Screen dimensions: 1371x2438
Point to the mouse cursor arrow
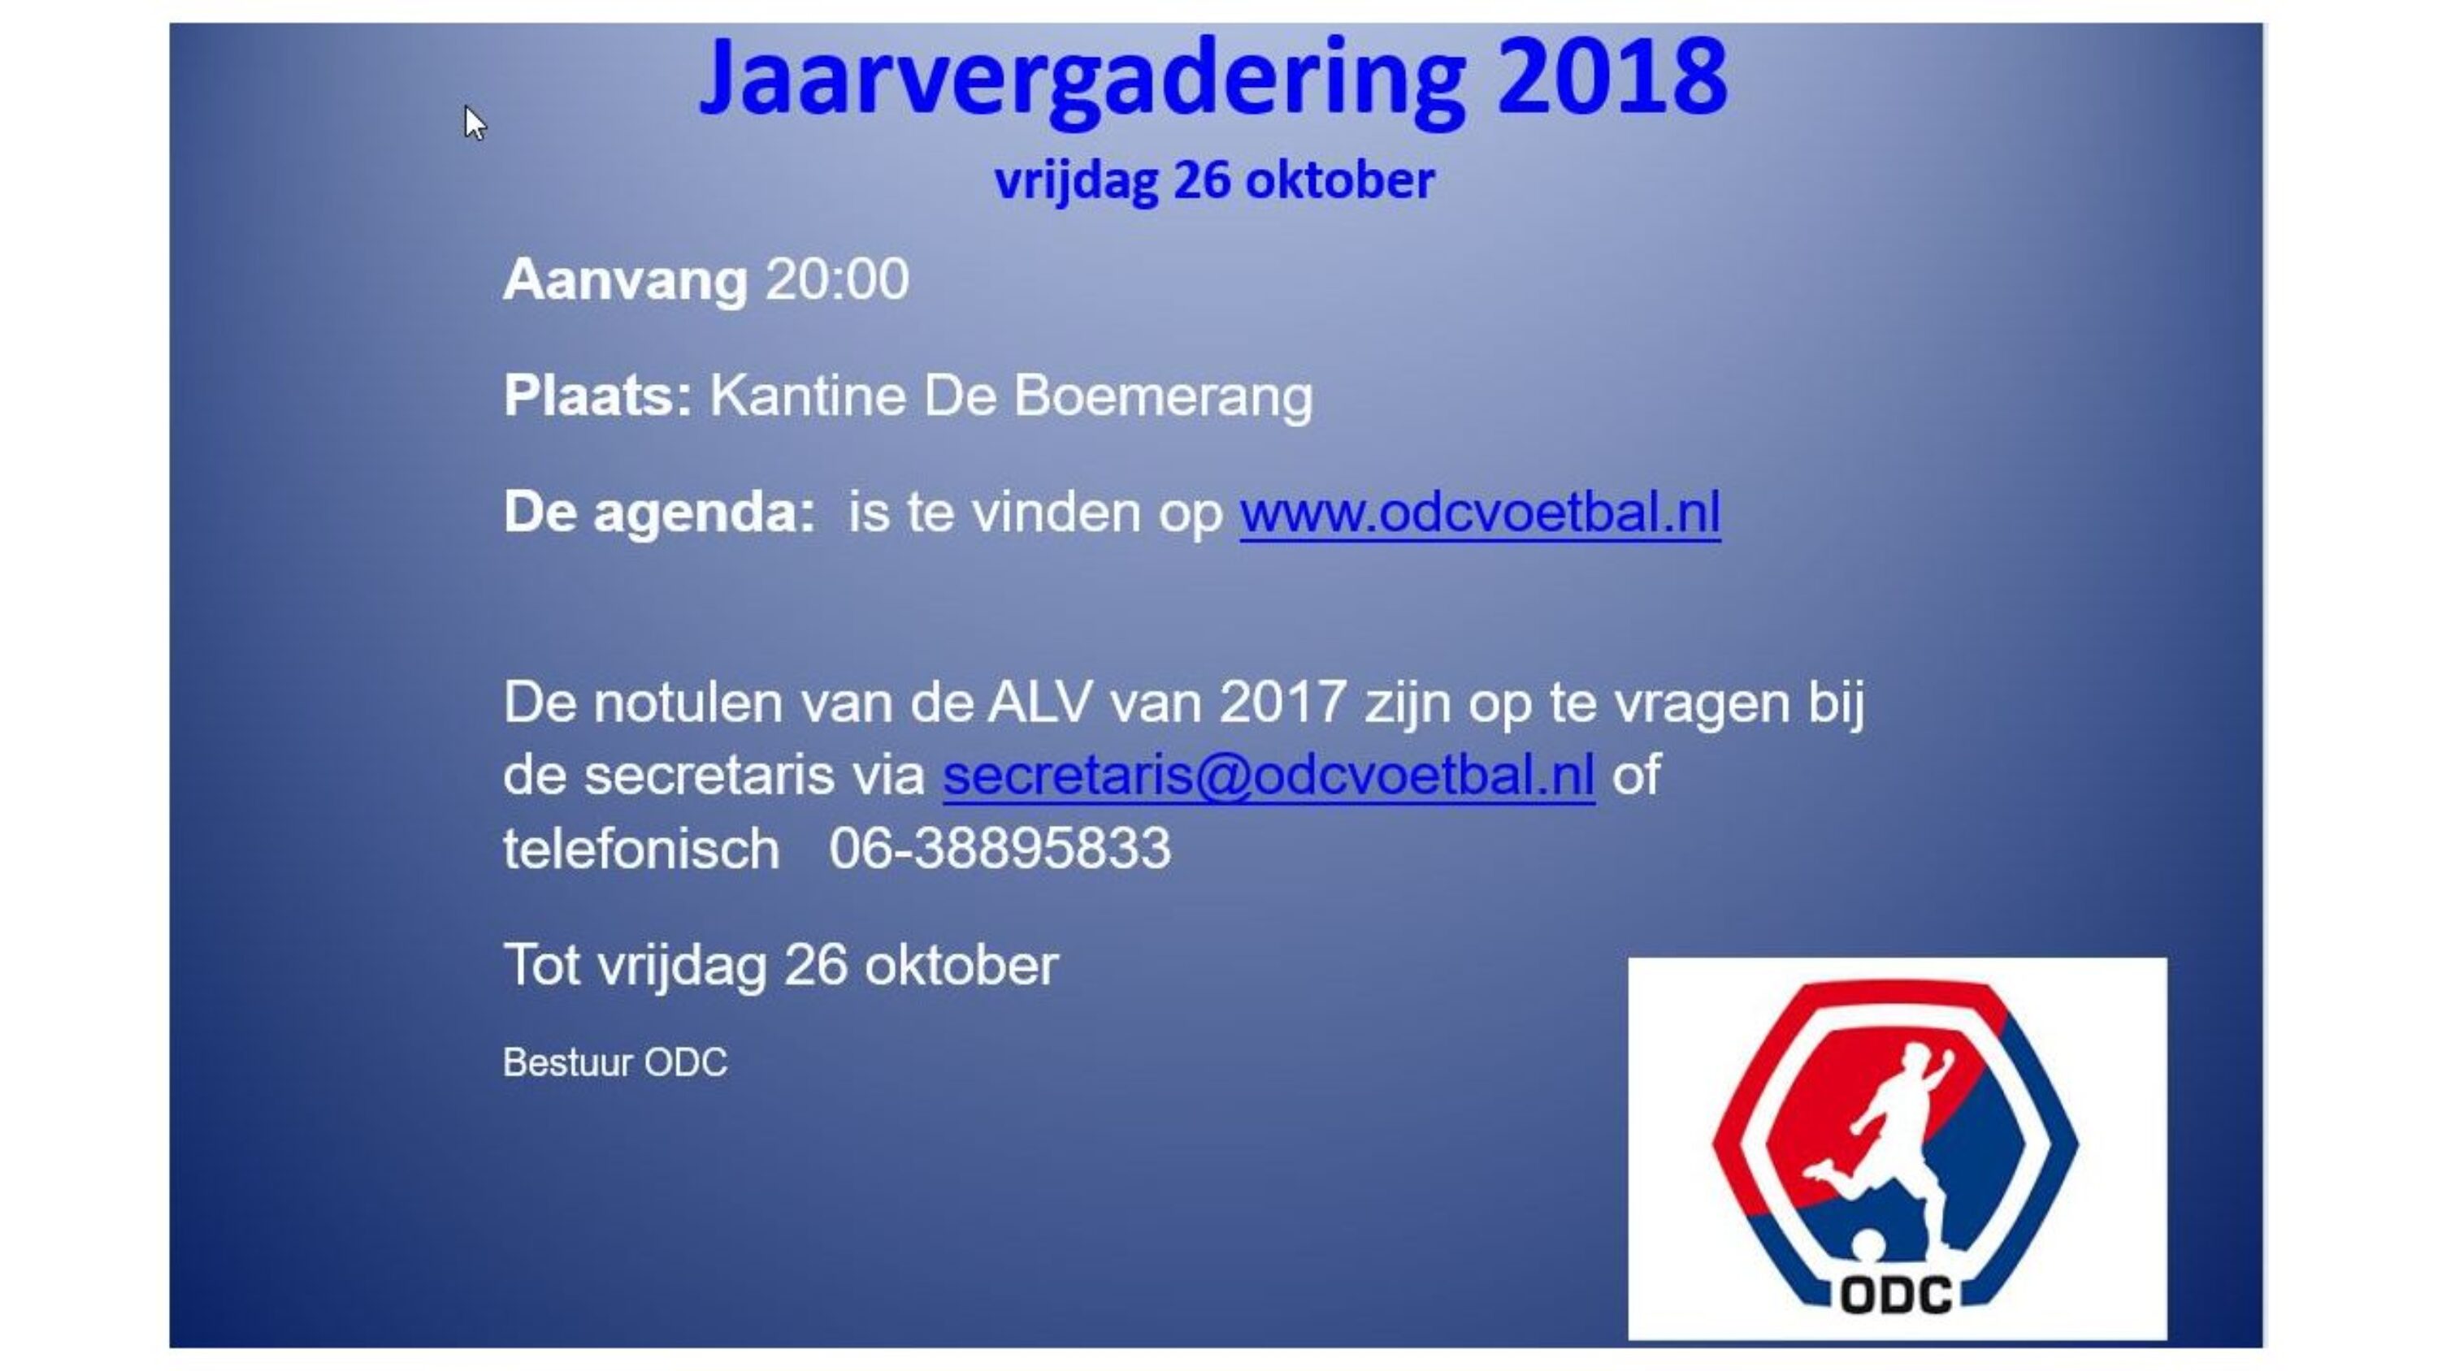(474, 123)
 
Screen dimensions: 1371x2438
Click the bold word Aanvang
(625, 280)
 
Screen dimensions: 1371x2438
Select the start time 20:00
(837, 280)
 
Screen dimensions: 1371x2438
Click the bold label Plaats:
(597, 396)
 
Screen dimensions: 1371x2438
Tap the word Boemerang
(1163, 396)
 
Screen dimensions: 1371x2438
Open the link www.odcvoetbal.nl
(1479, 513)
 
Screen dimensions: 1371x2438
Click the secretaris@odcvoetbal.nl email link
(1269, 776)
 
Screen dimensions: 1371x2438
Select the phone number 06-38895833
(1000, 848)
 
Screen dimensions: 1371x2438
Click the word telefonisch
(640, 848)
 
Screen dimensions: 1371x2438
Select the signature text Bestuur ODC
(615, 1062)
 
